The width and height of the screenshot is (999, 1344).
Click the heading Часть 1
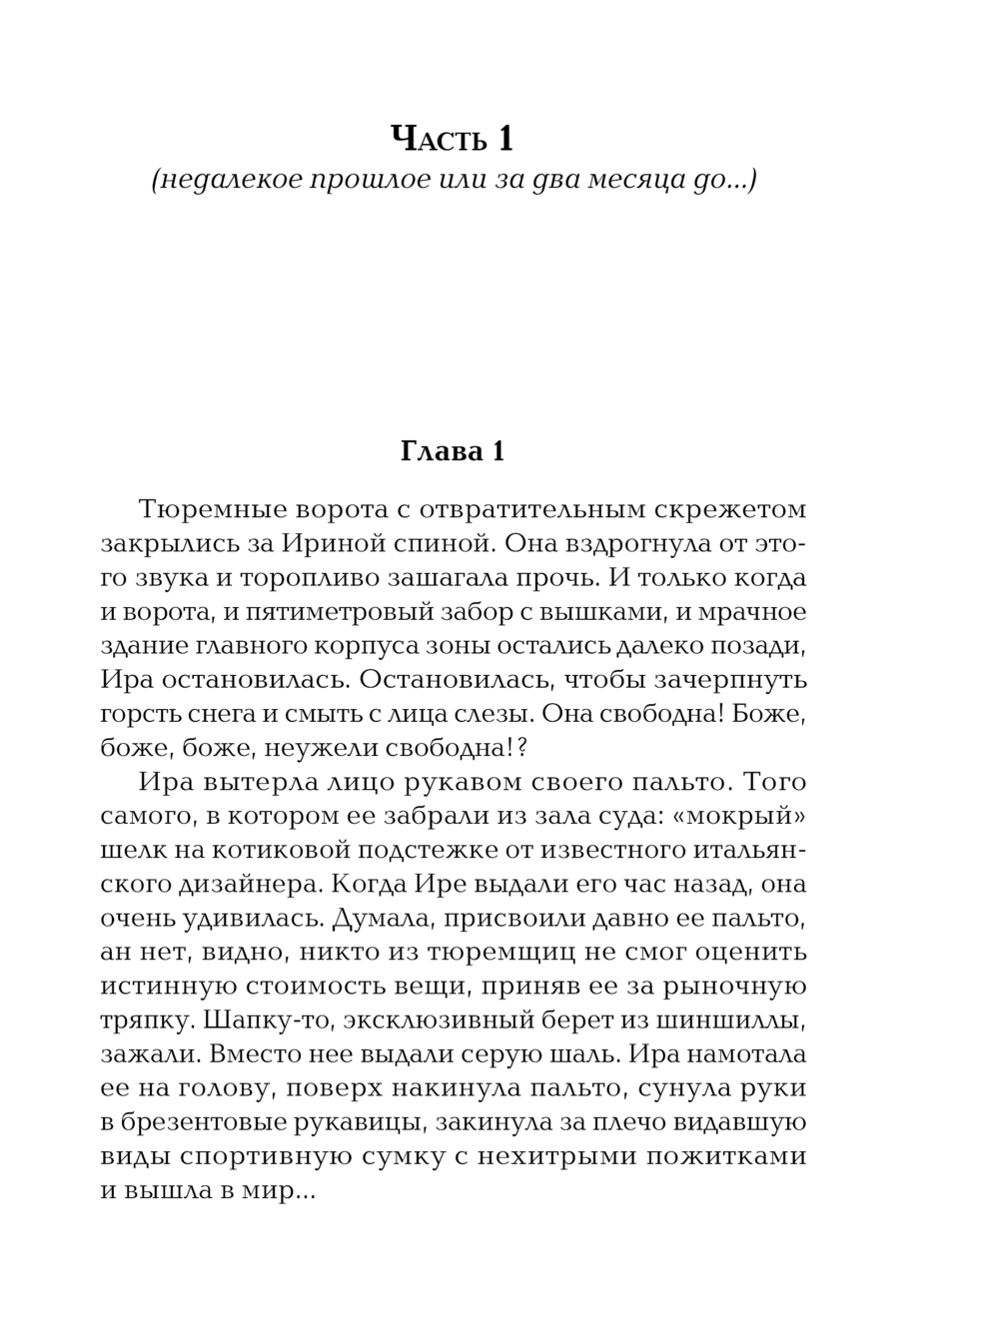pos(452,138)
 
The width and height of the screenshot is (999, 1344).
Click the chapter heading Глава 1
pos(452,451)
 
